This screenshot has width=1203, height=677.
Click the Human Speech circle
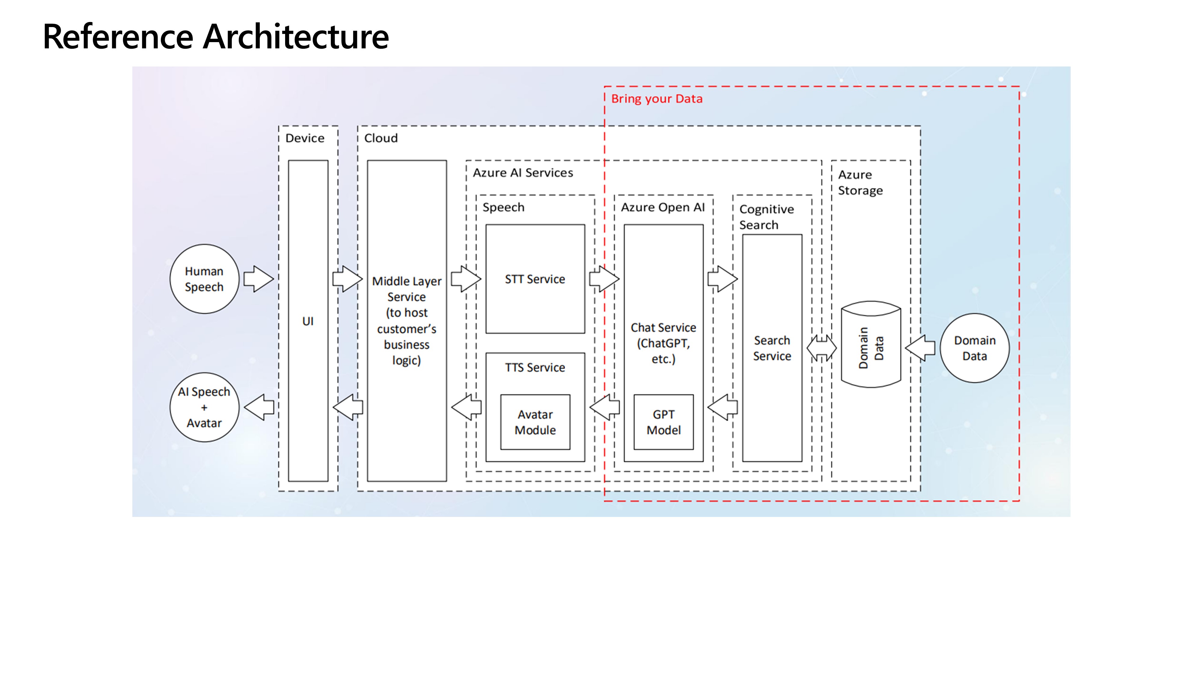point(204,279)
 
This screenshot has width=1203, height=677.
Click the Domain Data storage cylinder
point(870,345)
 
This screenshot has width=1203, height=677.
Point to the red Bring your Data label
point(656,99)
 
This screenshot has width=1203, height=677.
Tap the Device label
point(304,138)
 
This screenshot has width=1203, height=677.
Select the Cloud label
point(381,138)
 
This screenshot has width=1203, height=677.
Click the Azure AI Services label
point(523,173)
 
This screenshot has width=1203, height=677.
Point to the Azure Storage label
point(860,182)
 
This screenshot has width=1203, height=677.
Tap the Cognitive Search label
point(766,217)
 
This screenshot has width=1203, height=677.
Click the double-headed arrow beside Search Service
point(821,348)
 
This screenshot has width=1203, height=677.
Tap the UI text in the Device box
point(308,321)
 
